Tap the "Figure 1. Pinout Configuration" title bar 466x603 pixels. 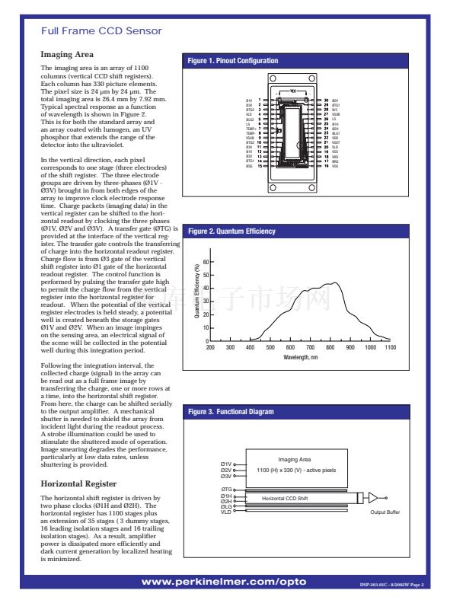click(235, 61)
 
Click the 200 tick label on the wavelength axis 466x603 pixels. click(210, 347)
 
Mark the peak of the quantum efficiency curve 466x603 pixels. click(331, 283)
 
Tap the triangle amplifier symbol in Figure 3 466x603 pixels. click(372, 497)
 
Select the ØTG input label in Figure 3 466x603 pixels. click(226, 489)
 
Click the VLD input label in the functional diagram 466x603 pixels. click(226, 512)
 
